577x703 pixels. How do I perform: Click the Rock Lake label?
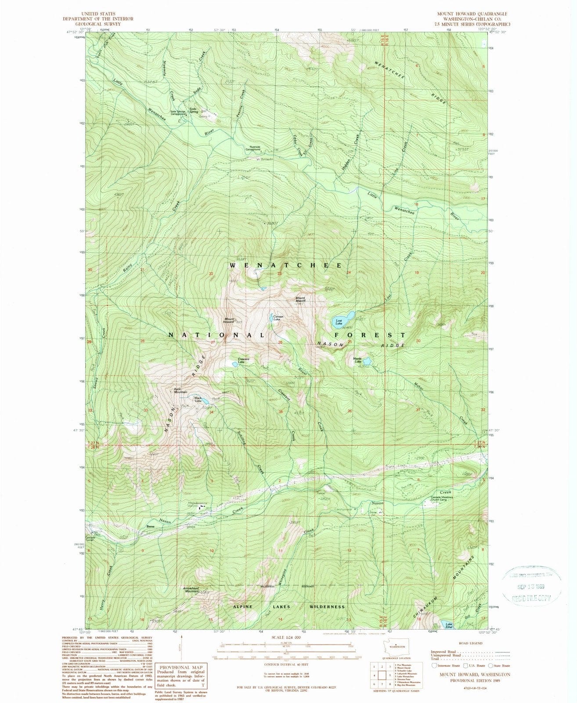click(x=198, y=400)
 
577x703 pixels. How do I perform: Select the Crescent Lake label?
click(x=244, y=360)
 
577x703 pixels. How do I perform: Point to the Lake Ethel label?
click(x=449, y=625)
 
